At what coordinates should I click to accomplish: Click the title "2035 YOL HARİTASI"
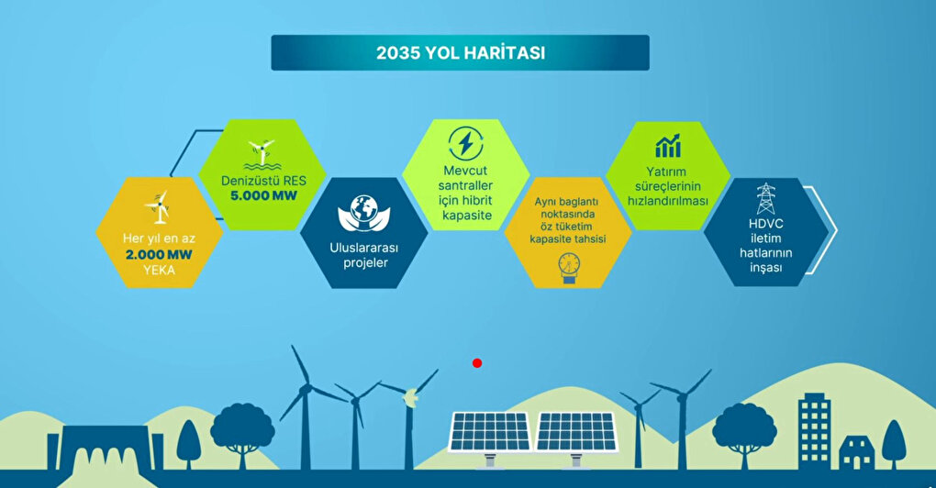point(461,52)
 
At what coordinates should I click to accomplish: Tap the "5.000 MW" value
point(263,195)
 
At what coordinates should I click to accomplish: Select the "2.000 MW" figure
point(159,255)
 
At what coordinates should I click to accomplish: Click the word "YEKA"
point(159,271)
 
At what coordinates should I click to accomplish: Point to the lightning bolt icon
point(465,143)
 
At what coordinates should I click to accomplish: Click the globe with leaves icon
point(364,214)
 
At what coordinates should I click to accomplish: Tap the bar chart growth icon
point(668,146)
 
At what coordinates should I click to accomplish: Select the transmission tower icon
point(766,198)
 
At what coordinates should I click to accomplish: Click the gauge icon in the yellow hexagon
point(569,268)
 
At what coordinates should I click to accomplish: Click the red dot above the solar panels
point(477,362)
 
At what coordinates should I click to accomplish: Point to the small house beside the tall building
point(856,452)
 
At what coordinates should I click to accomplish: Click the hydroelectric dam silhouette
point(105,449)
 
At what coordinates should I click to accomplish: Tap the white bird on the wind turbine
point(409,397)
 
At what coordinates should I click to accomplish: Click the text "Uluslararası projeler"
point(364,255)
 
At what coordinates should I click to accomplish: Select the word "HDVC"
point(766,224)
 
